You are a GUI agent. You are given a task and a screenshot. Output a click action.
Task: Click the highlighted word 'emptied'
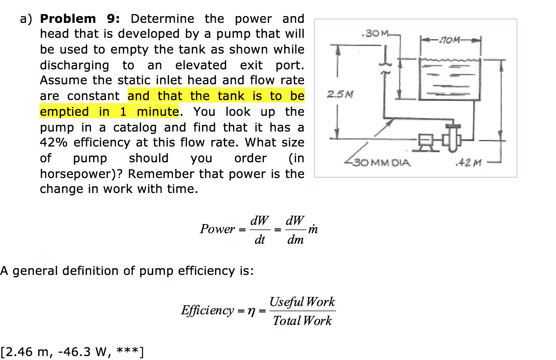coord(65,111)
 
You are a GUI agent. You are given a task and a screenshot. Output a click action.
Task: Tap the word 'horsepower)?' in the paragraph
coord(81,174)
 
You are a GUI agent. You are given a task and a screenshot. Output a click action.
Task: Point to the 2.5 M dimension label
coord(340,94)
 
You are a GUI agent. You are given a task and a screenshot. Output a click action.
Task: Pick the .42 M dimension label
coord(468,162)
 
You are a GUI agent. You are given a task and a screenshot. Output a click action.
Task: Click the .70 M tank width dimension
coord(450,40)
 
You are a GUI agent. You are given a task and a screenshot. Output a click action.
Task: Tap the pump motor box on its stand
coord(426,140)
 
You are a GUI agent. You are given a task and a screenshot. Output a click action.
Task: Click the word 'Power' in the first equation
coord(217,229)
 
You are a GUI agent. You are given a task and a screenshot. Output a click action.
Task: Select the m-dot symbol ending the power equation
coord(313,229)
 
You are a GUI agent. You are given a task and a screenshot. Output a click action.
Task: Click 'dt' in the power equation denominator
coord(259,239)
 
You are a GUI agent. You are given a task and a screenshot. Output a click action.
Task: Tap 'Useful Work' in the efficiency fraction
coord(302,302)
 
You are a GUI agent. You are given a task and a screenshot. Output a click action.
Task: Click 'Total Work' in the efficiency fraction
coord(302,321)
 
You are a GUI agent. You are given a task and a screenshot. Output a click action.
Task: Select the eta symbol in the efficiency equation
coord(251,311)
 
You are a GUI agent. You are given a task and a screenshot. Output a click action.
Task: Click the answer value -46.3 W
coord(82,351)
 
